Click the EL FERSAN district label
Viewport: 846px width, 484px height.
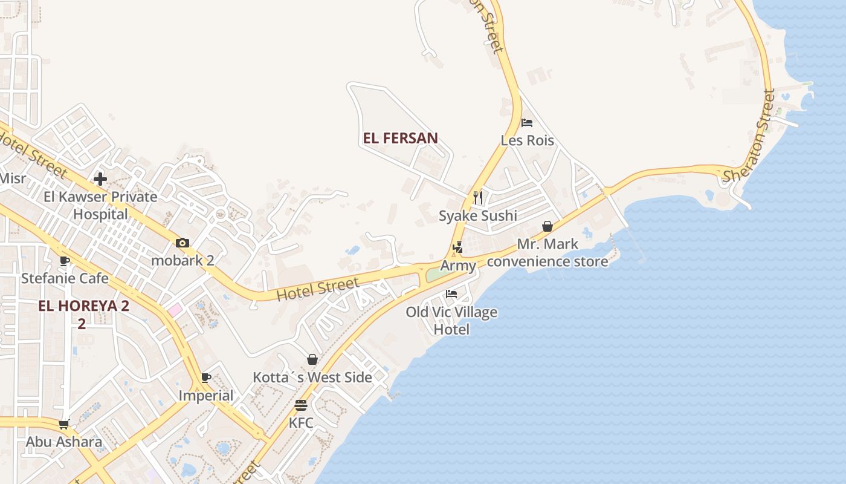[400, 138]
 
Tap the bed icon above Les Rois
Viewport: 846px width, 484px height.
[527, 123]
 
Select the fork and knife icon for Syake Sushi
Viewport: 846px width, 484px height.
[478, 197]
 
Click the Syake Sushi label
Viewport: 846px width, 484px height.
[478, 216]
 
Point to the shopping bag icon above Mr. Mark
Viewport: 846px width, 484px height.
[547, 226]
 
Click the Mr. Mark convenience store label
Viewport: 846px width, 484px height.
[547, 253]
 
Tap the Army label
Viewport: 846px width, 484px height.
[458, 266]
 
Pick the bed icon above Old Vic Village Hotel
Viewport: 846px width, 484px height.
[451, 295]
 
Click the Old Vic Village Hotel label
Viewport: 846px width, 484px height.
[451, 321]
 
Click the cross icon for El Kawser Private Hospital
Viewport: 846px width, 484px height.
[100, 179]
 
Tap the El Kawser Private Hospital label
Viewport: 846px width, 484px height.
[100, 205]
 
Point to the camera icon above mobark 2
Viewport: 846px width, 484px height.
[182, 243]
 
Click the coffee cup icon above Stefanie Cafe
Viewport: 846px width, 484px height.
[65, 261]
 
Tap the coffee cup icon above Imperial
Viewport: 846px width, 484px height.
[206, 378]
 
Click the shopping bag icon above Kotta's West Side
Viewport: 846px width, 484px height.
[312, 360]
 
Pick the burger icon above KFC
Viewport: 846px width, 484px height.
[301, 405]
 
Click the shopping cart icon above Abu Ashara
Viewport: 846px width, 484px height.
[64, 424]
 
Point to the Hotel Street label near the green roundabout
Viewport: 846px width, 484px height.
[318, 289]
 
